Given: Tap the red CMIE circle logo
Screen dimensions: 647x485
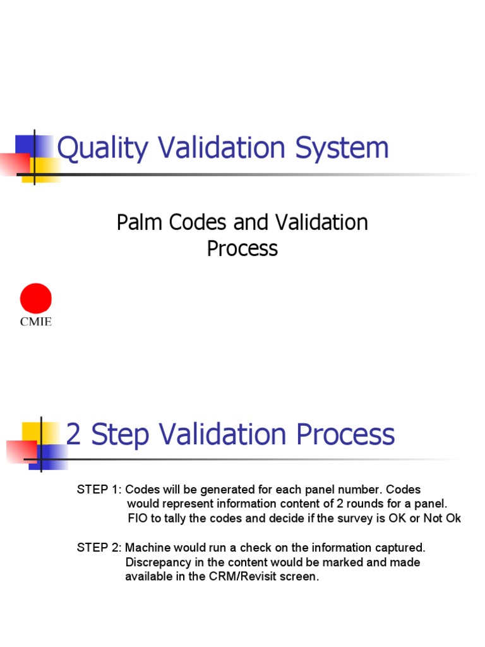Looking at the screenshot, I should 36,298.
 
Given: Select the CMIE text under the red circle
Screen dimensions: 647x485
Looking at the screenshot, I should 36,322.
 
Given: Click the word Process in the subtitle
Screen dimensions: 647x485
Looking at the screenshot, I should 242,248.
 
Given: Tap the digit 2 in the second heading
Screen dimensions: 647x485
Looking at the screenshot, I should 73,435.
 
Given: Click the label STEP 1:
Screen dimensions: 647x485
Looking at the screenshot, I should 99,490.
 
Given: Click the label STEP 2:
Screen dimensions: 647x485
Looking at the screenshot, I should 99,547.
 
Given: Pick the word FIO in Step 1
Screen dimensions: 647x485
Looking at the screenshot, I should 138,519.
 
